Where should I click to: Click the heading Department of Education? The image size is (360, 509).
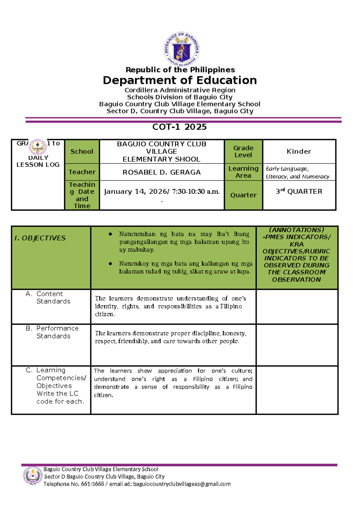click(180, 80)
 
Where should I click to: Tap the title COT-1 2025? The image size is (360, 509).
click(179, 127)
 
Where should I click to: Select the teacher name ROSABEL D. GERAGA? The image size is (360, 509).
click(161, 172)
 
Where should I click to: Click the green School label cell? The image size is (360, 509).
click(82, 152)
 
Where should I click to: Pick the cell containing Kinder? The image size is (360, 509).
click(299, 152)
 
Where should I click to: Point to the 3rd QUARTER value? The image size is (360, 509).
click(299, 191)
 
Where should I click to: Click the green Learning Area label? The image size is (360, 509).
click(243, 172)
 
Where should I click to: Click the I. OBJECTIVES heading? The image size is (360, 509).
click(40, 238)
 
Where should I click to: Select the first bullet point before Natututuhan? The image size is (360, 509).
click(110, 234)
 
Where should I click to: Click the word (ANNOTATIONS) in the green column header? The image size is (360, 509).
click(296, 230)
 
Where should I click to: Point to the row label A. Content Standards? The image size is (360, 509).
click(49, 297)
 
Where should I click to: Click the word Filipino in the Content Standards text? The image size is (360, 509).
click(231, 306)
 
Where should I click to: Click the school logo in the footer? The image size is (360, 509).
click(32, 476)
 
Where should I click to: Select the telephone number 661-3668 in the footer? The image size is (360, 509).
click(90, 484)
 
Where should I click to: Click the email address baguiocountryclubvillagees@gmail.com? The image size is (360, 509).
click(182, 484)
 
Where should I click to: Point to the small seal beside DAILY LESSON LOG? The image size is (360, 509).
click(37, 147)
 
